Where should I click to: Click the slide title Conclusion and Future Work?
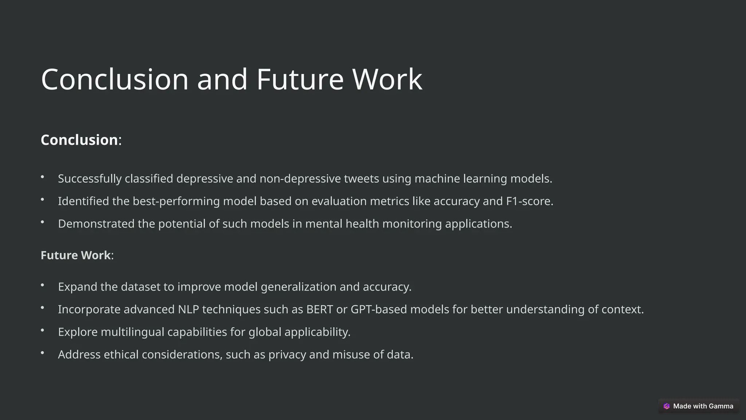click(x=232, y=79)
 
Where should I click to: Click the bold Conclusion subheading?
click(x=79, y=140)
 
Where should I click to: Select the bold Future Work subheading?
click(x=76, y=255)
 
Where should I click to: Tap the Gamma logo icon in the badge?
click(x=667, y=406)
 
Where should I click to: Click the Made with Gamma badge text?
click(x=703, y=406)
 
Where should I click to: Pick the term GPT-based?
click(x=379, y=310)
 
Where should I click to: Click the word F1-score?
click(x=529, y=201)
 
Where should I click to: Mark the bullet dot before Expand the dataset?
click(x=43, y=285)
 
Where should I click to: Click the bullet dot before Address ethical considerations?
click(x=43, y=353)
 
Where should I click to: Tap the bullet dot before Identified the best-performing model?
click(x=43, y=199)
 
